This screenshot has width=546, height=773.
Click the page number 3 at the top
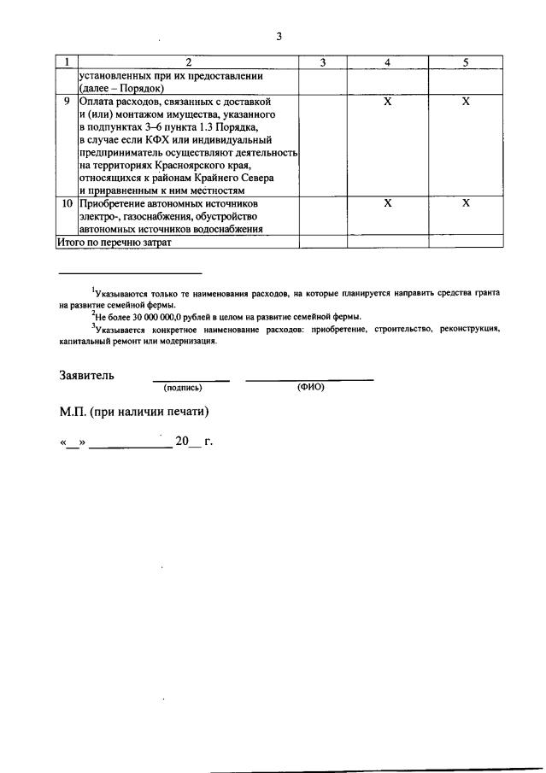tap(279, 36)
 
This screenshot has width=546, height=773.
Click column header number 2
tap(188, 62)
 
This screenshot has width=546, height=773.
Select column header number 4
tap(387, 62)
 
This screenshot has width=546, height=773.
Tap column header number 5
tap(466, 62)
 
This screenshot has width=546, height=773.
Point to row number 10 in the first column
tap(67, 204)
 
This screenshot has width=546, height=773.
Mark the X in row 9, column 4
tap(387, 102)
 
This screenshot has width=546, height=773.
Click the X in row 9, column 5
tap(466, 102)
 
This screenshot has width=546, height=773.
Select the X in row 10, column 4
tap(387, 204)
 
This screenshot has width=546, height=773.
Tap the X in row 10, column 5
tap(466, 204)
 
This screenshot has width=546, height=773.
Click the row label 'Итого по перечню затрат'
tap(114, 242)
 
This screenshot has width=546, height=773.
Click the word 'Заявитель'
tap(87, 375)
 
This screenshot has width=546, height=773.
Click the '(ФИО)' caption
tap(310, 387)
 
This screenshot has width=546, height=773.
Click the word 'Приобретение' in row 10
tap(116, 204)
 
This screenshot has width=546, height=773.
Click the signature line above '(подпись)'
tap(191, 380)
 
